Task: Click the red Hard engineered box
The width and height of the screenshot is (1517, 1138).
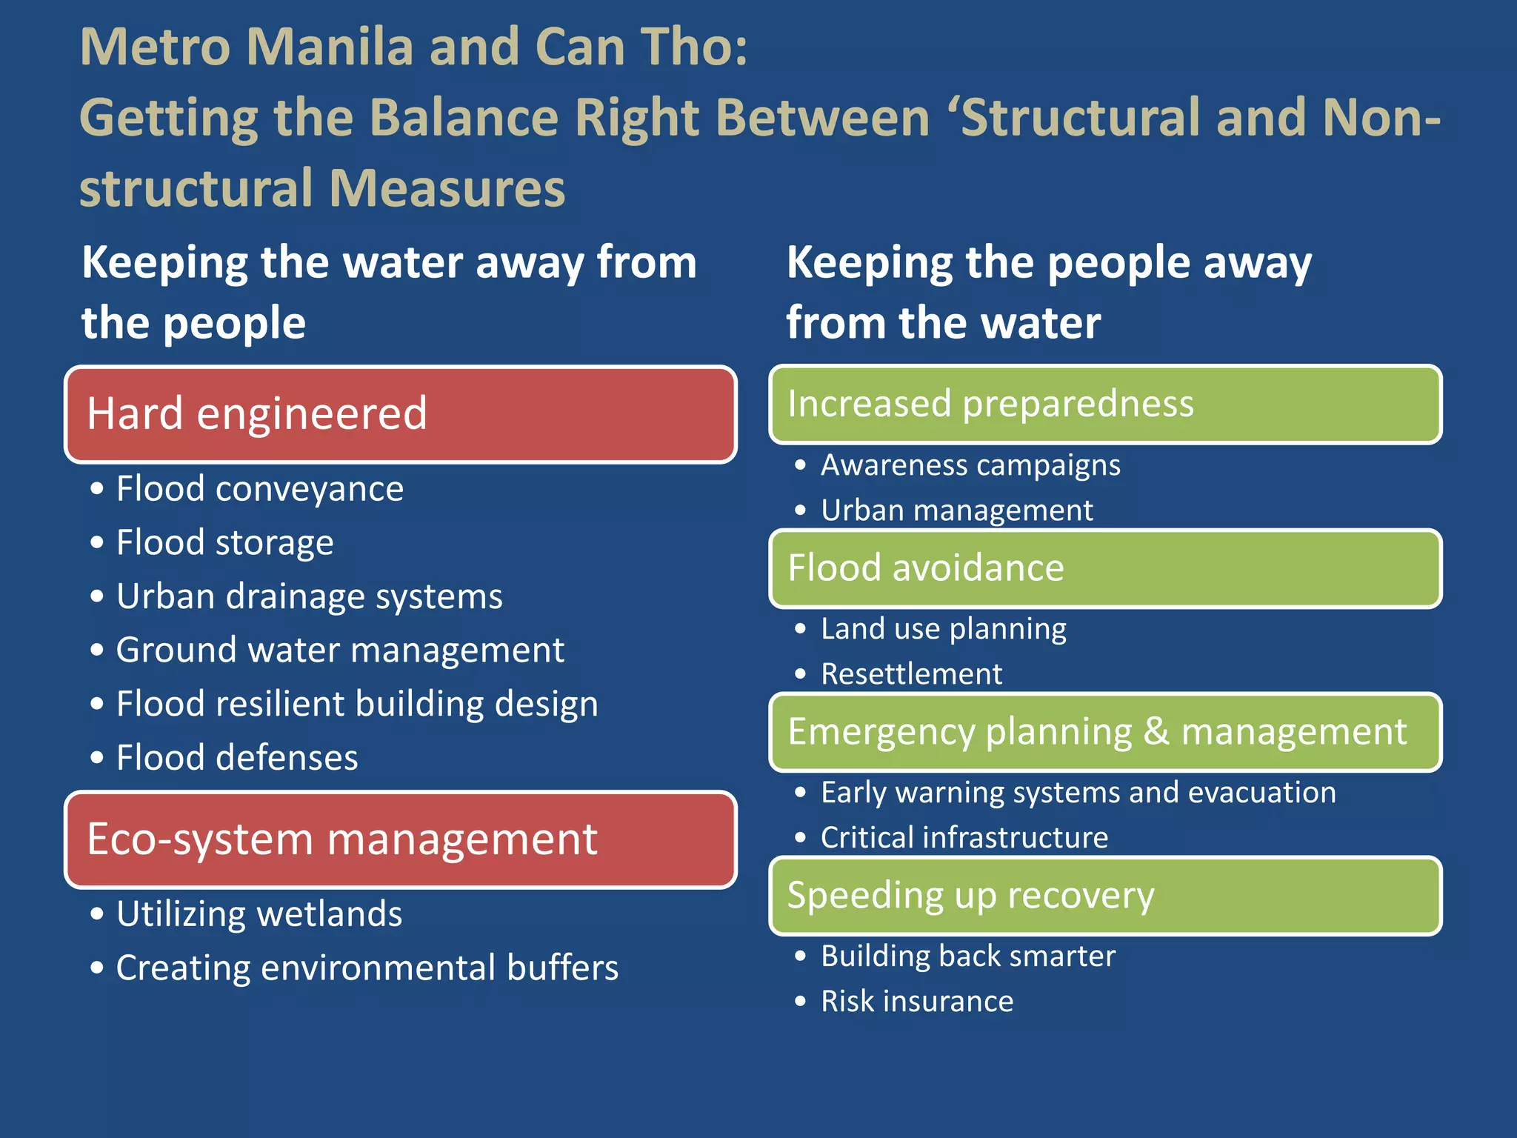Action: click(400, 414)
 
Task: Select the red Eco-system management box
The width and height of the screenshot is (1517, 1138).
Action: click(400, 839)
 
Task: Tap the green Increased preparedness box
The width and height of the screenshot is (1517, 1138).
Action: click(1105, 405)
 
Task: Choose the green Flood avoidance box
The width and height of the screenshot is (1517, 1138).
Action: click(1105, 568)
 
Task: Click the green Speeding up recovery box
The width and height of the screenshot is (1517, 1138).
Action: click(1105, 896)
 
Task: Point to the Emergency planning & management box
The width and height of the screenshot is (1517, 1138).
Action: click(1105, 732)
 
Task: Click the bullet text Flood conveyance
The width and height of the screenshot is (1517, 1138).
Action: click(259, 489)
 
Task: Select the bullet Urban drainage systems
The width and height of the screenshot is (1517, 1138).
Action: click(309, 596)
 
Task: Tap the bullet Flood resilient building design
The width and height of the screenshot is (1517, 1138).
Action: click(356, 704)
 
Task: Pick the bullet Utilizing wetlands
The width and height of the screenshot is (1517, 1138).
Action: click(259, 914)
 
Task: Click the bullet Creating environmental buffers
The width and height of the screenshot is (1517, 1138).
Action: click(367, 968)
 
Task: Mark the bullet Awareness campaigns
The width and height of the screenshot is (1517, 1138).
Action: click(970, 465)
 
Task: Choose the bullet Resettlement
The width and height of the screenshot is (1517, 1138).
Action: click(911, 674)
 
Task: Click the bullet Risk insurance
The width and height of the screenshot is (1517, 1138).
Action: click(916, 1002)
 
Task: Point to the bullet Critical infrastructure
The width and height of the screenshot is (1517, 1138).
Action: click(964, 838)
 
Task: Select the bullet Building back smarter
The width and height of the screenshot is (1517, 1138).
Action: click(967, 956)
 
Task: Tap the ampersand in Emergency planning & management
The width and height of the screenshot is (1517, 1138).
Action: click(1156, 731)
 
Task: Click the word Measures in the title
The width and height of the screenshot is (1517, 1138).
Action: click(447, 188)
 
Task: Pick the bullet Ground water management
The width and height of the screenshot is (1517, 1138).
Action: click(340, 650)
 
